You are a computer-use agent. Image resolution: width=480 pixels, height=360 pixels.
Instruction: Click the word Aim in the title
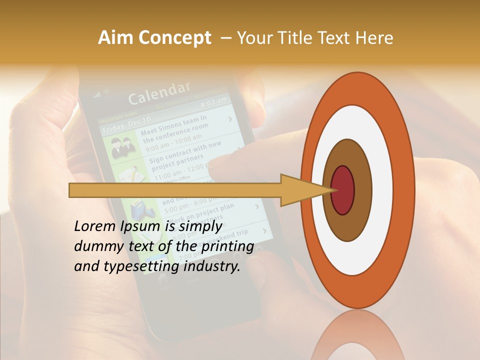click(115, 38)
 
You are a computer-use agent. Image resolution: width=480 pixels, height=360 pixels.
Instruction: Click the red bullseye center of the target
click(342, 190)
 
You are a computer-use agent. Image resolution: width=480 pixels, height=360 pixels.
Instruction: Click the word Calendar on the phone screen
click(159, 93)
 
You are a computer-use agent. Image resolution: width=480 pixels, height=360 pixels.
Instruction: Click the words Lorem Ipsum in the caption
click(117, 226)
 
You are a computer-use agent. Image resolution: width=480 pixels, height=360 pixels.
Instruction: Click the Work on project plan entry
click(200, 212)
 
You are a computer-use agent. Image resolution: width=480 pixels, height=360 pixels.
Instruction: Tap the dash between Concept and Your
click(225, 38)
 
